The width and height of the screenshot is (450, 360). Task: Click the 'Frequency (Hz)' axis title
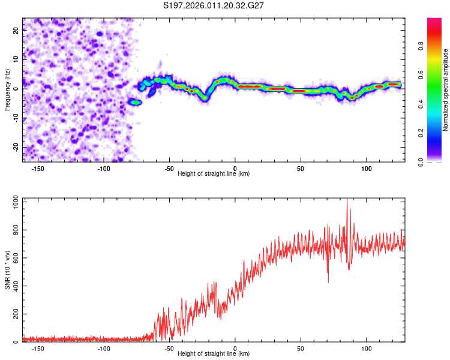pos(7,89)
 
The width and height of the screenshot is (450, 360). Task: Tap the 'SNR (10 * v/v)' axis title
pos(7,270)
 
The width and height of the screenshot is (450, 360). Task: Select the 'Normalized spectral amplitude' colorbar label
pos(445,90)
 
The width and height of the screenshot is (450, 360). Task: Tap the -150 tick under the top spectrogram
pos(39,168)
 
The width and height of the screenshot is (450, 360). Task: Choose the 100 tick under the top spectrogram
pos(367,168)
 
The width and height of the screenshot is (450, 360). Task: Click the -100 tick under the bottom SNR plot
pos(104,348)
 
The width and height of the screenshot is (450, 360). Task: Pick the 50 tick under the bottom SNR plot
pos(301,348)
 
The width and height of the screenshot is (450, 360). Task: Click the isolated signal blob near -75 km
pos(136,103)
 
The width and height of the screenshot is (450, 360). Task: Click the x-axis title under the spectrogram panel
pos(214,174)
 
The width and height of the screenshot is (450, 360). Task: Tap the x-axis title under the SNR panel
pos(214,354)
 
